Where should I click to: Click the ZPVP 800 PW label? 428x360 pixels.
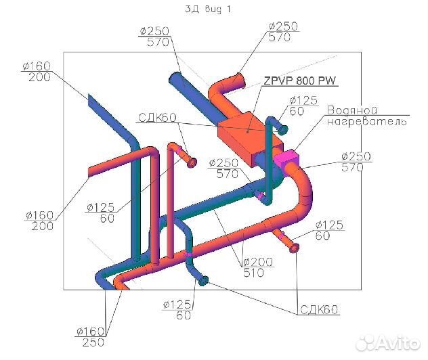pos(300,81)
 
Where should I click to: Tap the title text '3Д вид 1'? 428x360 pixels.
pos(208,9)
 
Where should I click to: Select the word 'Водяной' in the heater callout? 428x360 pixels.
pos(352,110)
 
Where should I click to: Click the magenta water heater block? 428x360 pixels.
pos(288,159)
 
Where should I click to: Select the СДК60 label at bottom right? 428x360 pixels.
pos(319,310)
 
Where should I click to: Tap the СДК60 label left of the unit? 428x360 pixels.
pos(157,118)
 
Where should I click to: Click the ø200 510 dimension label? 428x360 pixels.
pos(257,267)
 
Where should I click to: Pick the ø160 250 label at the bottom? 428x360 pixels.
pos(91,337)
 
